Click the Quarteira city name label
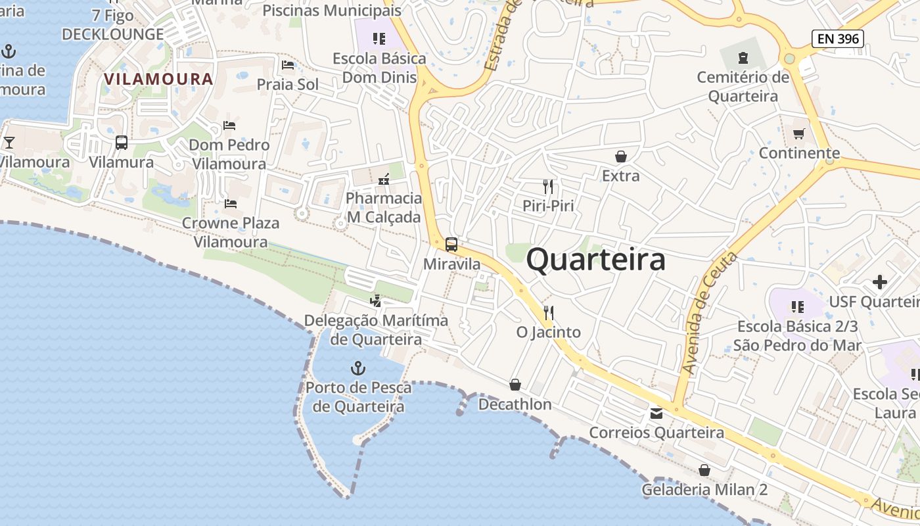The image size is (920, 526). [x=595, y=260]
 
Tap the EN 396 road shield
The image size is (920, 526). [x=837, y=39]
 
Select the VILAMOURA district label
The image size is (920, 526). [x=158, y=80]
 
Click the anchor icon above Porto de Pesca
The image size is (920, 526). [x=358, y=368]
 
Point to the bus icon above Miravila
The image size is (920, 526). [x=451, y=245]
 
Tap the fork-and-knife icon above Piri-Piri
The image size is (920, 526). [x=548, y=187]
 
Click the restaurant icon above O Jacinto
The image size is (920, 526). [x=549, y=312]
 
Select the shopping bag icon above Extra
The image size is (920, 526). [x=620, y=156]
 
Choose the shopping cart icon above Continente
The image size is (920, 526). [x=799, y=134]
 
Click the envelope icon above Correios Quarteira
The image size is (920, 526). [x=656, y=414]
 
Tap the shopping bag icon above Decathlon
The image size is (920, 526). [x=515, y=385]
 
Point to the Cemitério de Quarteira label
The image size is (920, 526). [x=743, y=87]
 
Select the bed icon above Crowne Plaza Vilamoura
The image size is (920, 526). [x=230, y=204]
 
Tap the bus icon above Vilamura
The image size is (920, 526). [x=122, y=143]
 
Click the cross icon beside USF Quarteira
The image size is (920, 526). [x=879, y=283]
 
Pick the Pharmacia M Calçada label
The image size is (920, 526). [x=384, y=207]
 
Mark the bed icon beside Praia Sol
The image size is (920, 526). [x=288, y=65]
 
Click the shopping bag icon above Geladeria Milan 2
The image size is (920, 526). [x=704, y=471]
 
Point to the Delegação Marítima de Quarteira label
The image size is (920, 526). [x=376, y=330]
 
